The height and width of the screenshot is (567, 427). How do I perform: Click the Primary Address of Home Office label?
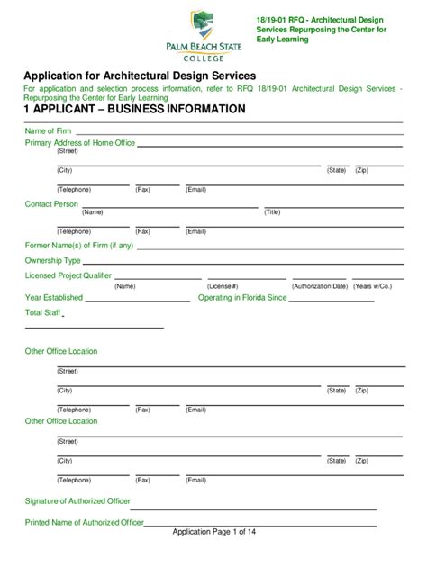80,143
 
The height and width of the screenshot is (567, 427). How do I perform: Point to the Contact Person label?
51,204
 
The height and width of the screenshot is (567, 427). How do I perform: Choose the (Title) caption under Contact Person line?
272,212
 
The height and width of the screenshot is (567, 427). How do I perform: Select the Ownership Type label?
53,260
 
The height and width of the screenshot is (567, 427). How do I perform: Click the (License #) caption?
223,285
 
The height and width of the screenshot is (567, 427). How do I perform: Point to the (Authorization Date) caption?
320,285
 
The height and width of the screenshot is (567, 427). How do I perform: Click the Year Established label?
53,297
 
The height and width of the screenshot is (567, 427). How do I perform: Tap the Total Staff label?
41,312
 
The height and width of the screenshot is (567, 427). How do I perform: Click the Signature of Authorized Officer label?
77,500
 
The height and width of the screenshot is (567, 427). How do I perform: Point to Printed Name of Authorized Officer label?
85,522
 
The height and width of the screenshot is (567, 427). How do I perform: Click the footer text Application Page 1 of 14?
213,533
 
